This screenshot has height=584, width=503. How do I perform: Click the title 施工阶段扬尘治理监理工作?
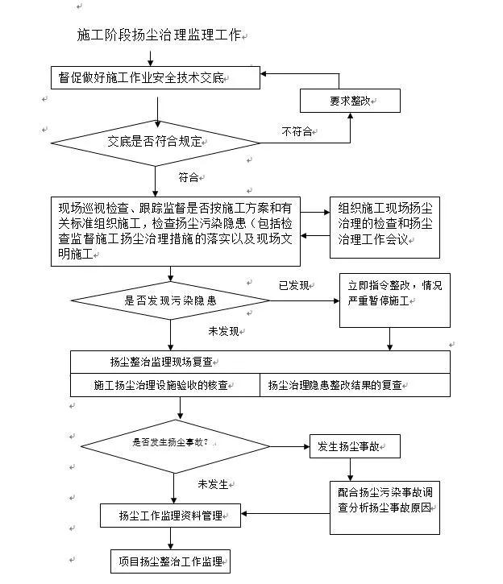(159, 35)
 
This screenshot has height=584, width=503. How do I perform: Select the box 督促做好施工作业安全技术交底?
(156, 77)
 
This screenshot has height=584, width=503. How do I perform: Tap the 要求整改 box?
(350, 101)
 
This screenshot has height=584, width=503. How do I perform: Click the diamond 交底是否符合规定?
(156, 143)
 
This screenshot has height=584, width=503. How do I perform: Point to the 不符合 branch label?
(297, 131)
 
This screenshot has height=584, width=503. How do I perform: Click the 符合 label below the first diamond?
(189, 177)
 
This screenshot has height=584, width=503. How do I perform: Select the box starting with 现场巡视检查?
(176, 231)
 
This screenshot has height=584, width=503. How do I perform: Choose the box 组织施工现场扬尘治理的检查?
(385, 227)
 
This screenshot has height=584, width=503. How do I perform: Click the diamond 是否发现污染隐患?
(170, 300)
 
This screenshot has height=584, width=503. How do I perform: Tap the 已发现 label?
(293, 285)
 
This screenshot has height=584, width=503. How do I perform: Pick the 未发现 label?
(223, 331)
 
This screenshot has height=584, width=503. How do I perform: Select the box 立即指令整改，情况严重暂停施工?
(395, 300)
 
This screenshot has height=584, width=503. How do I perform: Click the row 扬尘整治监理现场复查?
(260, 362)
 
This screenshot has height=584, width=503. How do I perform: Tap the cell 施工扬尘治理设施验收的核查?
(165, 385)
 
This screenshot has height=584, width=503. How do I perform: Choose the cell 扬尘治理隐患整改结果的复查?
(355, 385)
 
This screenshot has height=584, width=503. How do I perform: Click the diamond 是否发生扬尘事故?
(175, 446)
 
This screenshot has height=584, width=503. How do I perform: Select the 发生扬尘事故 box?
(355, 446)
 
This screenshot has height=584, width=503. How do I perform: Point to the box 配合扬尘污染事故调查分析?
(385, 507)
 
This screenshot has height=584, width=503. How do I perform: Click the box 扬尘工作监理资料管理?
(170, 515)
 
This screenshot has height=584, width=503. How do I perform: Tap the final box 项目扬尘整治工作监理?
(170, 561)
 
